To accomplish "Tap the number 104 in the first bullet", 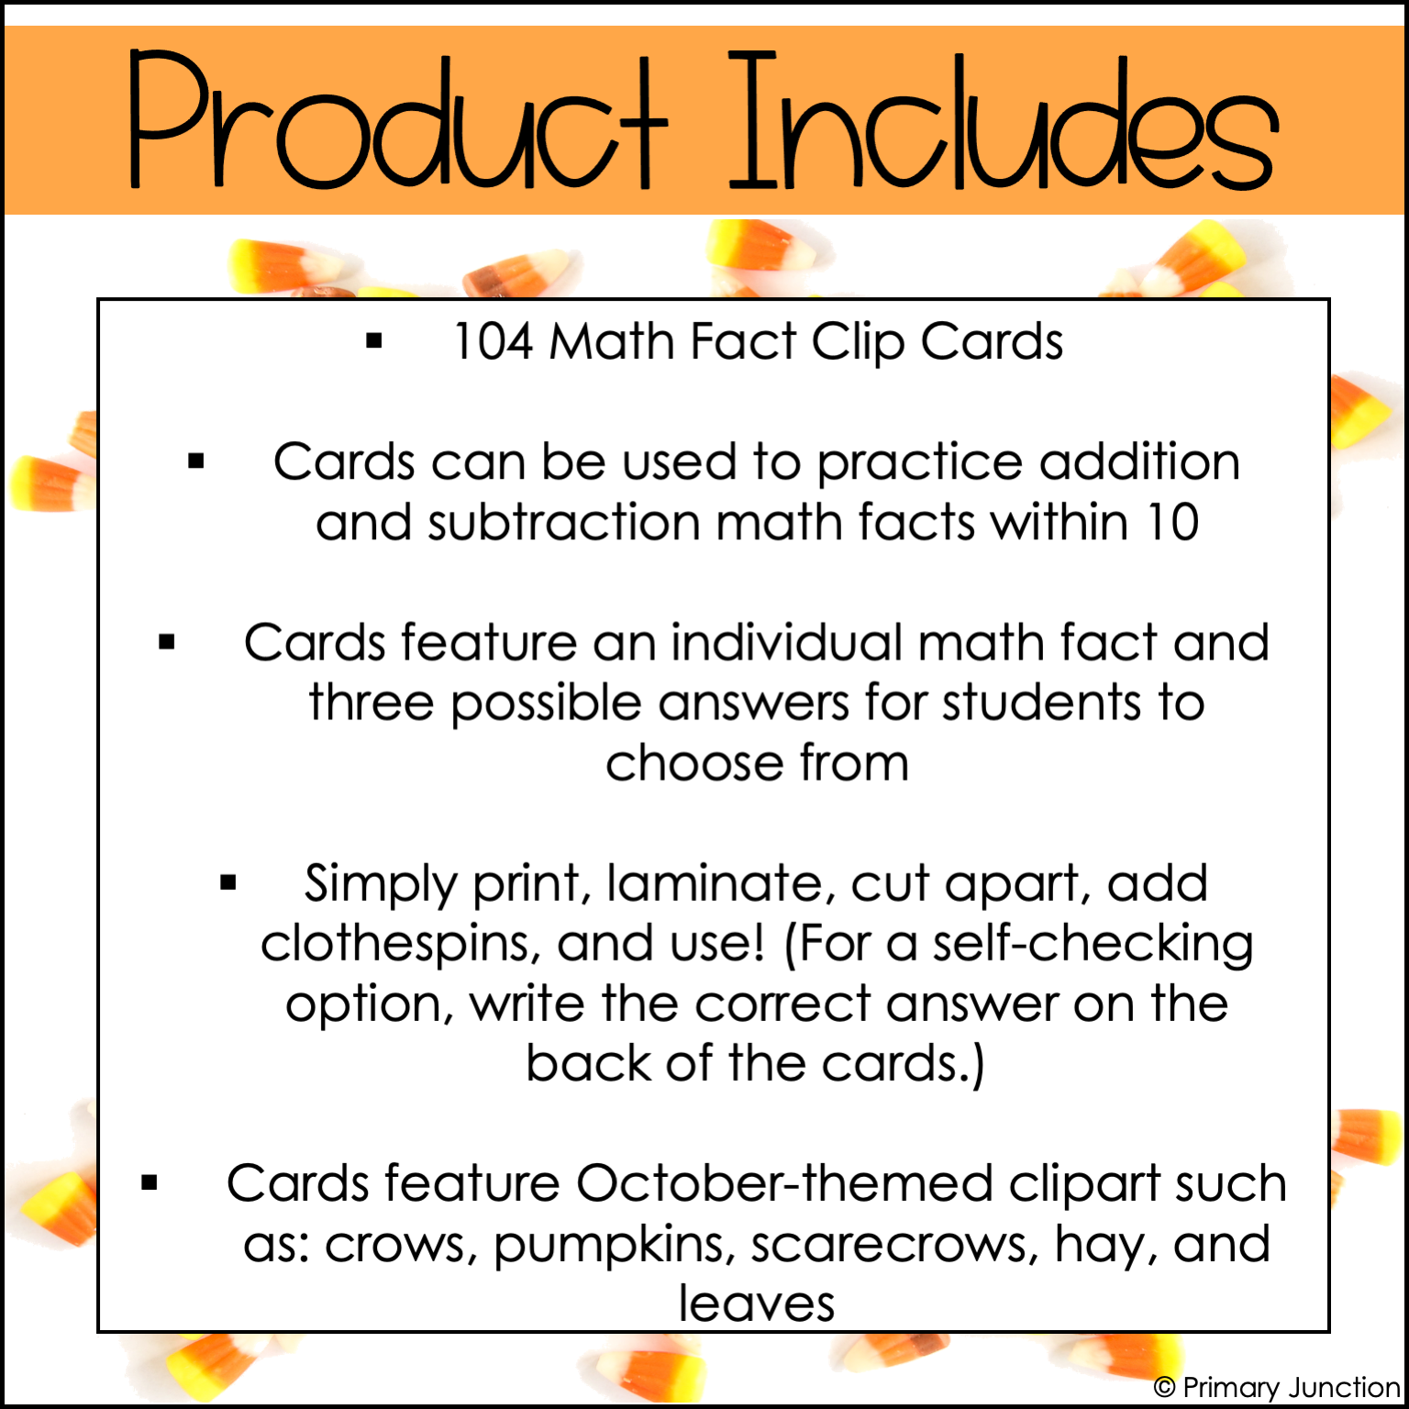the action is pos(494,342).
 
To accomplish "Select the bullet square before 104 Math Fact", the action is pos(373,342).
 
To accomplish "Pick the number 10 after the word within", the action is pos(1172,523).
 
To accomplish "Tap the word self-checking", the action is pos(1093,945).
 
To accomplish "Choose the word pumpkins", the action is pos(615,1246).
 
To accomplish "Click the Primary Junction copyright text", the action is pos(1277,1387).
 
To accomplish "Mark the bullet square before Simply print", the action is pos(228,883).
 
